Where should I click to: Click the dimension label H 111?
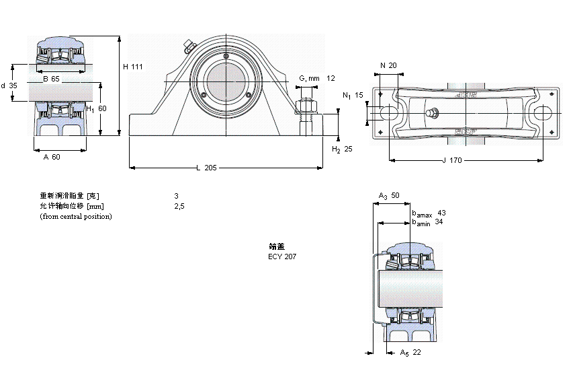133,66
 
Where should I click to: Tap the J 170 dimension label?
453,160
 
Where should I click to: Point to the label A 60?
52,157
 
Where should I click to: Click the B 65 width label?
51,79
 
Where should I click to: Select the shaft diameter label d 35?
9,85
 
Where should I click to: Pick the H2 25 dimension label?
343,149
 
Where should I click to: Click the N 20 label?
388,65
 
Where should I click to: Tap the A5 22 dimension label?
410,352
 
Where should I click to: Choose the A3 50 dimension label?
389,195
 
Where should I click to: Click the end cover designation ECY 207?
281,256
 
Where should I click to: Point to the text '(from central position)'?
76,216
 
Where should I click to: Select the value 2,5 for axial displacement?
179,206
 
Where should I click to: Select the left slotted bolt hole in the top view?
388,112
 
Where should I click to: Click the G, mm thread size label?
309,78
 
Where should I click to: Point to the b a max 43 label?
429,213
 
